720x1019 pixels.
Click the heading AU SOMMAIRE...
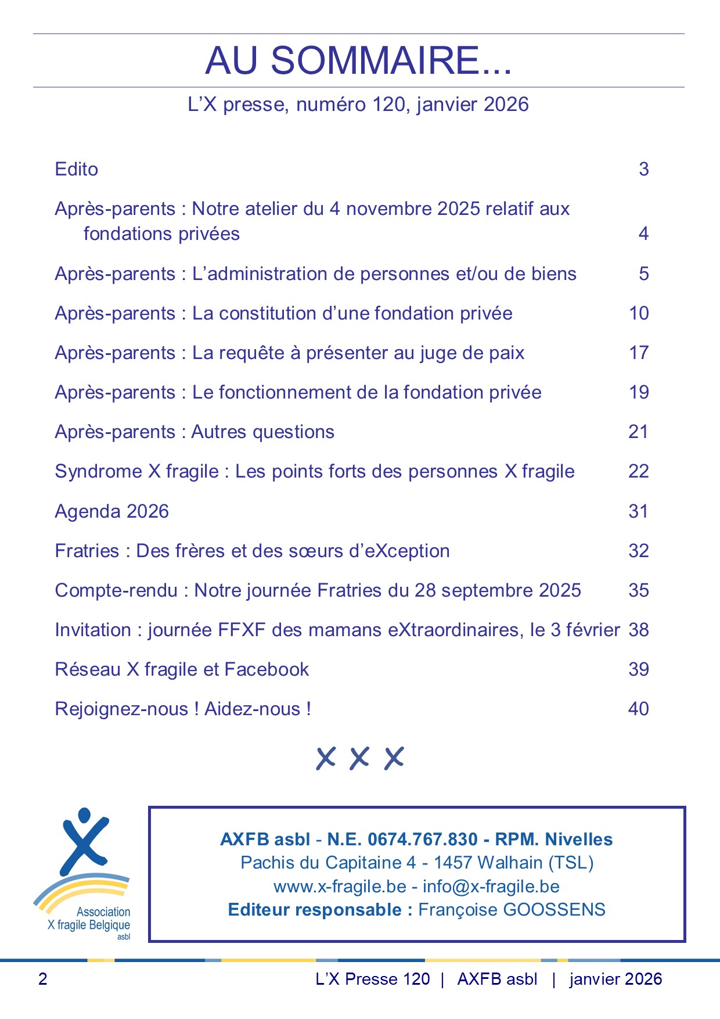pyautogui.click(x=358, y=60)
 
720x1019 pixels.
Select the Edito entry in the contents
pyautogui.click(x=76, y=170)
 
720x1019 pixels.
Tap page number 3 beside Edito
pyautogui.click(x=643, y=170)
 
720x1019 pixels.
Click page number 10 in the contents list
pyautogui.click(x=639, y=314)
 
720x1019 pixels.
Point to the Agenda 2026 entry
pyautogui.click(x=111, y=512)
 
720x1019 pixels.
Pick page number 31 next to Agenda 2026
pyautogui.click(x=638, y=512)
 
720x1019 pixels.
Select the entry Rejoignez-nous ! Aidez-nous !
pyautogui.click(x=183, y=709)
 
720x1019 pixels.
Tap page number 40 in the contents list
pyautogui.click(x=638, y=709)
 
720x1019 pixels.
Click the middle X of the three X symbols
pyautogui.click(x=360, y=758)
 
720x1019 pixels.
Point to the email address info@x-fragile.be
pyautogui.click(x=491, y=887)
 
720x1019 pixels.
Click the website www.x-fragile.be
pyautogui.click(x=340, y=887)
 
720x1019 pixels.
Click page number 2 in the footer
pyautogui.click(x=42, y=979)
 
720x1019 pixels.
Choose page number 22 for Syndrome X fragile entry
pyautogui.click(x=638, y=472)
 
